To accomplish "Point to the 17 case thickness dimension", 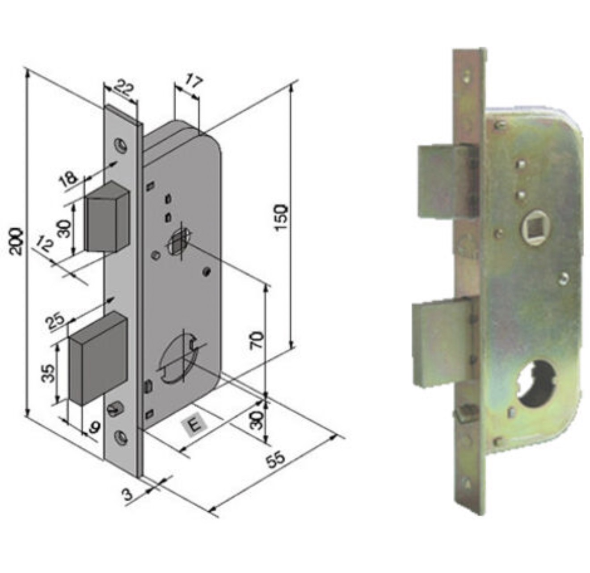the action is click(x=194, y=82).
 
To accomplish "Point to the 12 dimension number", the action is click(x=45, y=244).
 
